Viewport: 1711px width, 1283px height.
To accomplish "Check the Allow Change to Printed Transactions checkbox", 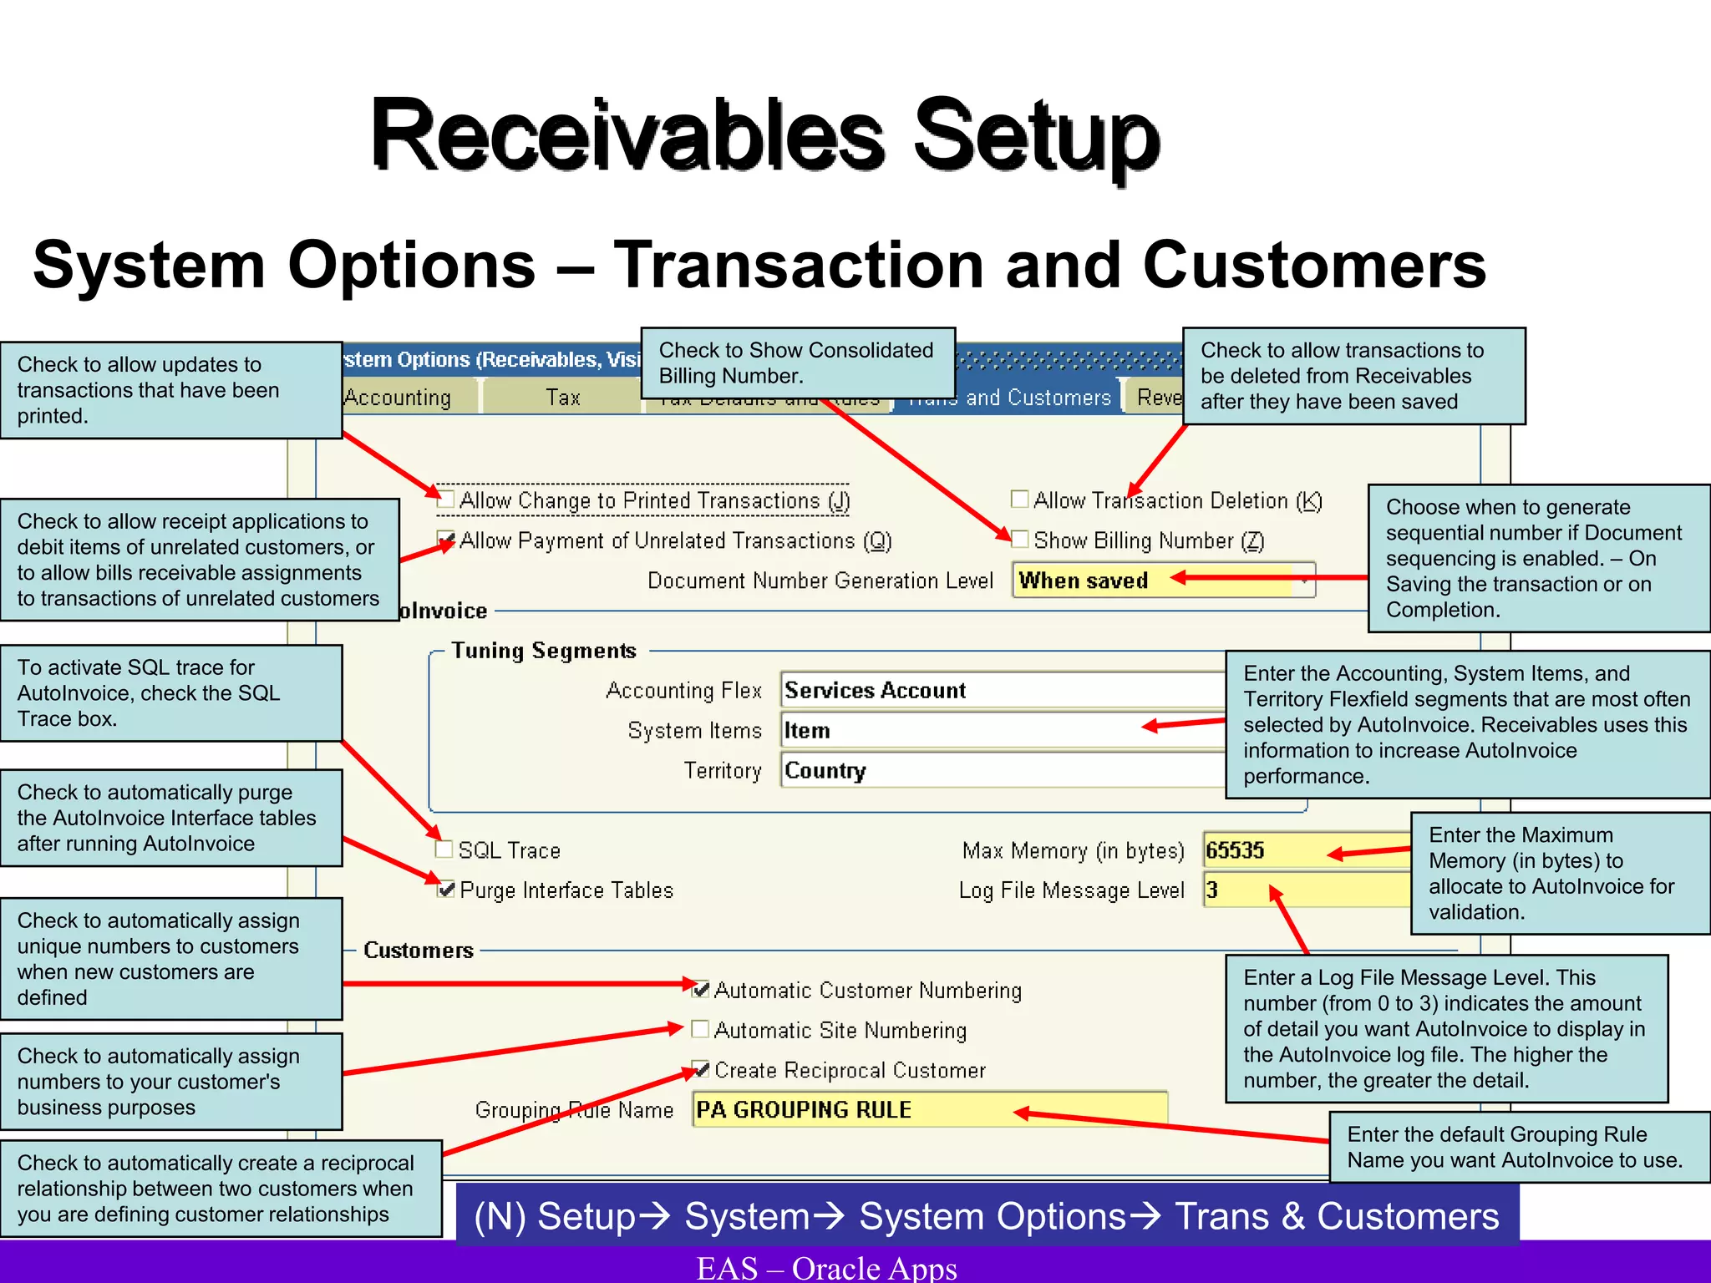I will coord(446,500).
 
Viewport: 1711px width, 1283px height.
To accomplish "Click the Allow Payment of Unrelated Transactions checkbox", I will coord(446,540).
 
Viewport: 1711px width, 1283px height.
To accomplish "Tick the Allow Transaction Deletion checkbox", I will coord(1019,500).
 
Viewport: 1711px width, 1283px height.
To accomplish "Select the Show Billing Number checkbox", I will coord(1019,540).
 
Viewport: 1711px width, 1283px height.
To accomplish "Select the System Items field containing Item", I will coord(961,730).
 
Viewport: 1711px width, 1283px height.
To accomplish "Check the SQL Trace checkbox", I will coord(445,849).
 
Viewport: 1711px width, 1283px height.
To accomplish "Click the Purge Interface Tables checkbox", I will coord(446,890).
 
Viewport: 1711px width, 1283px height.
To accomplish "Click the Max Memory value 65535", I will coord(1262,850).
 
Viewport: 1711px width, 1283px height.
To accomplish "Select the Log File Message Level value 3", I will coord(1236,890).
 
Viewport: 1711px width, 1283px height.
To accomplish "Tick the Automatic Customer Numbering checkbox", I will coord(701,990).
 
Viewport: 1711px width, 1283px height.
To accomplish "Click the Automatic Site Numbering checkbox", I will coord(701,1029).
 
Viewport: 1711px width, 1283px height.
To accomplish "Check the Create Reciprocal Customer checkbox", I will coord(701,1069).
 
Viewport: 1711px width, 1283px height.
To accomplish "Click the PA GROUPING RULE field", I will coord(927,1110).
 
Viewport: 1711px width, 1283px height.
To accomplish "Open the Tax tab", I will coord(562,398).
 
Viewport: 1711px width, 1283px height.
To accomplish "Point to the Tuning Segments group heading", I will coord(544,651).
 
